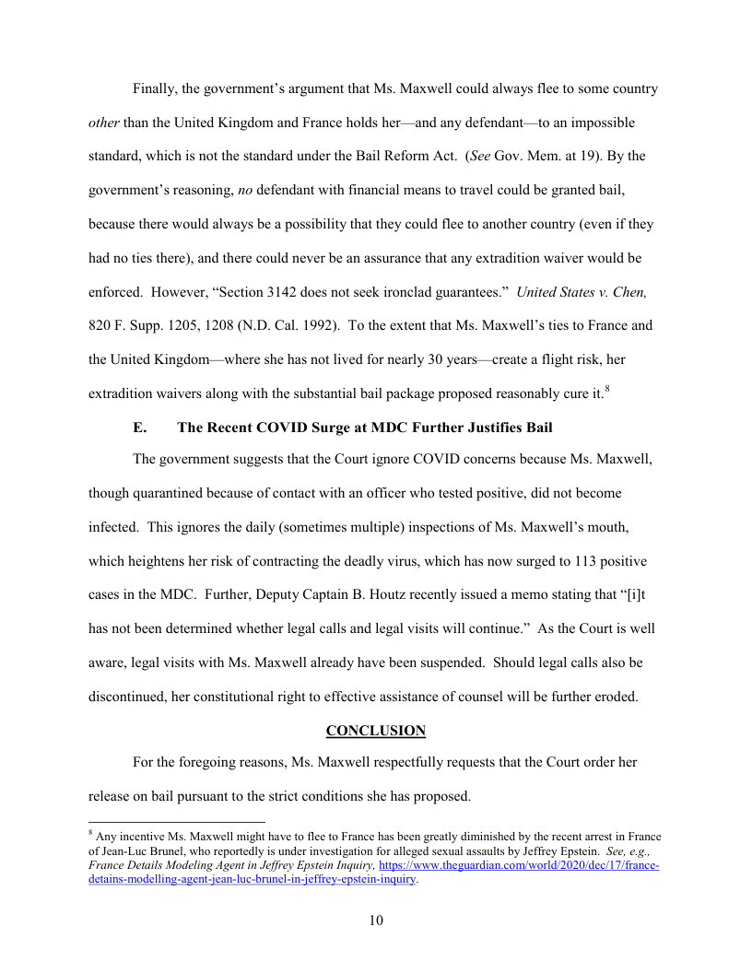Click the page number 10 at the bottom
coord(376,920)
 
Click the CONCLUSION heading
coord(376,731)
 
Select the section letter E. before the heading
coord(140,428)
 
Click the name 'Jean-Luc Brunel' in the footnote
coord(144,851)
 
